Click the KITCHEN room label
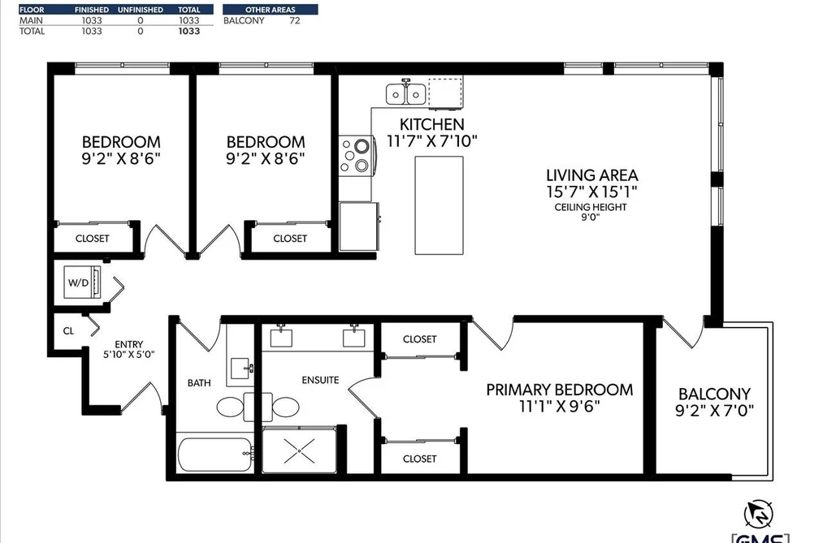tap(432, 125)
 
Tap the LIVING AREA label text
tap(592, 175)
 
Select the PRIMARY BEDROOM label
tap(560, 390)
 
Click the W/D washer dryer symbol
tap(82, 282)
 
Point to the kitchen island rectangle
tap(439, 205)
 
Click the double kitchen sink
tap(405, 93)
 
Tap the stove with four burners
tap(356, 156)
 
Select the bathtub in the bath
tap(215, 455)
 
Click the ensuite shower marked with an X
tap(299, 450)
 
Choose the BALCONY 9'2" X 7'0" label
tap(714, 402)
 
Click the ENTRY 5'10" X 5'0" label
tap(128, 349)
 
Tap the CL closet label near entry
tap(68, 330)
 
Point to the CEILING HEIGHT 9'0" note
tap(591, 212)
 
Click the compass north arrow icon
tap(759, 515)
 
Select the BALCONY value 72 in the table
tap(294, 20)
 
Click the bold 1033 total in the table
tap(189, 31)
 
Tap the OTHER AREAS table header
tap(271, 10)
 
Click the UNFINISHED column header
tap(140, 10)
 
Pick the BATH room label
tap(199, 383)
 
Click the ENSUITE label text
tap(320, 380)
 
